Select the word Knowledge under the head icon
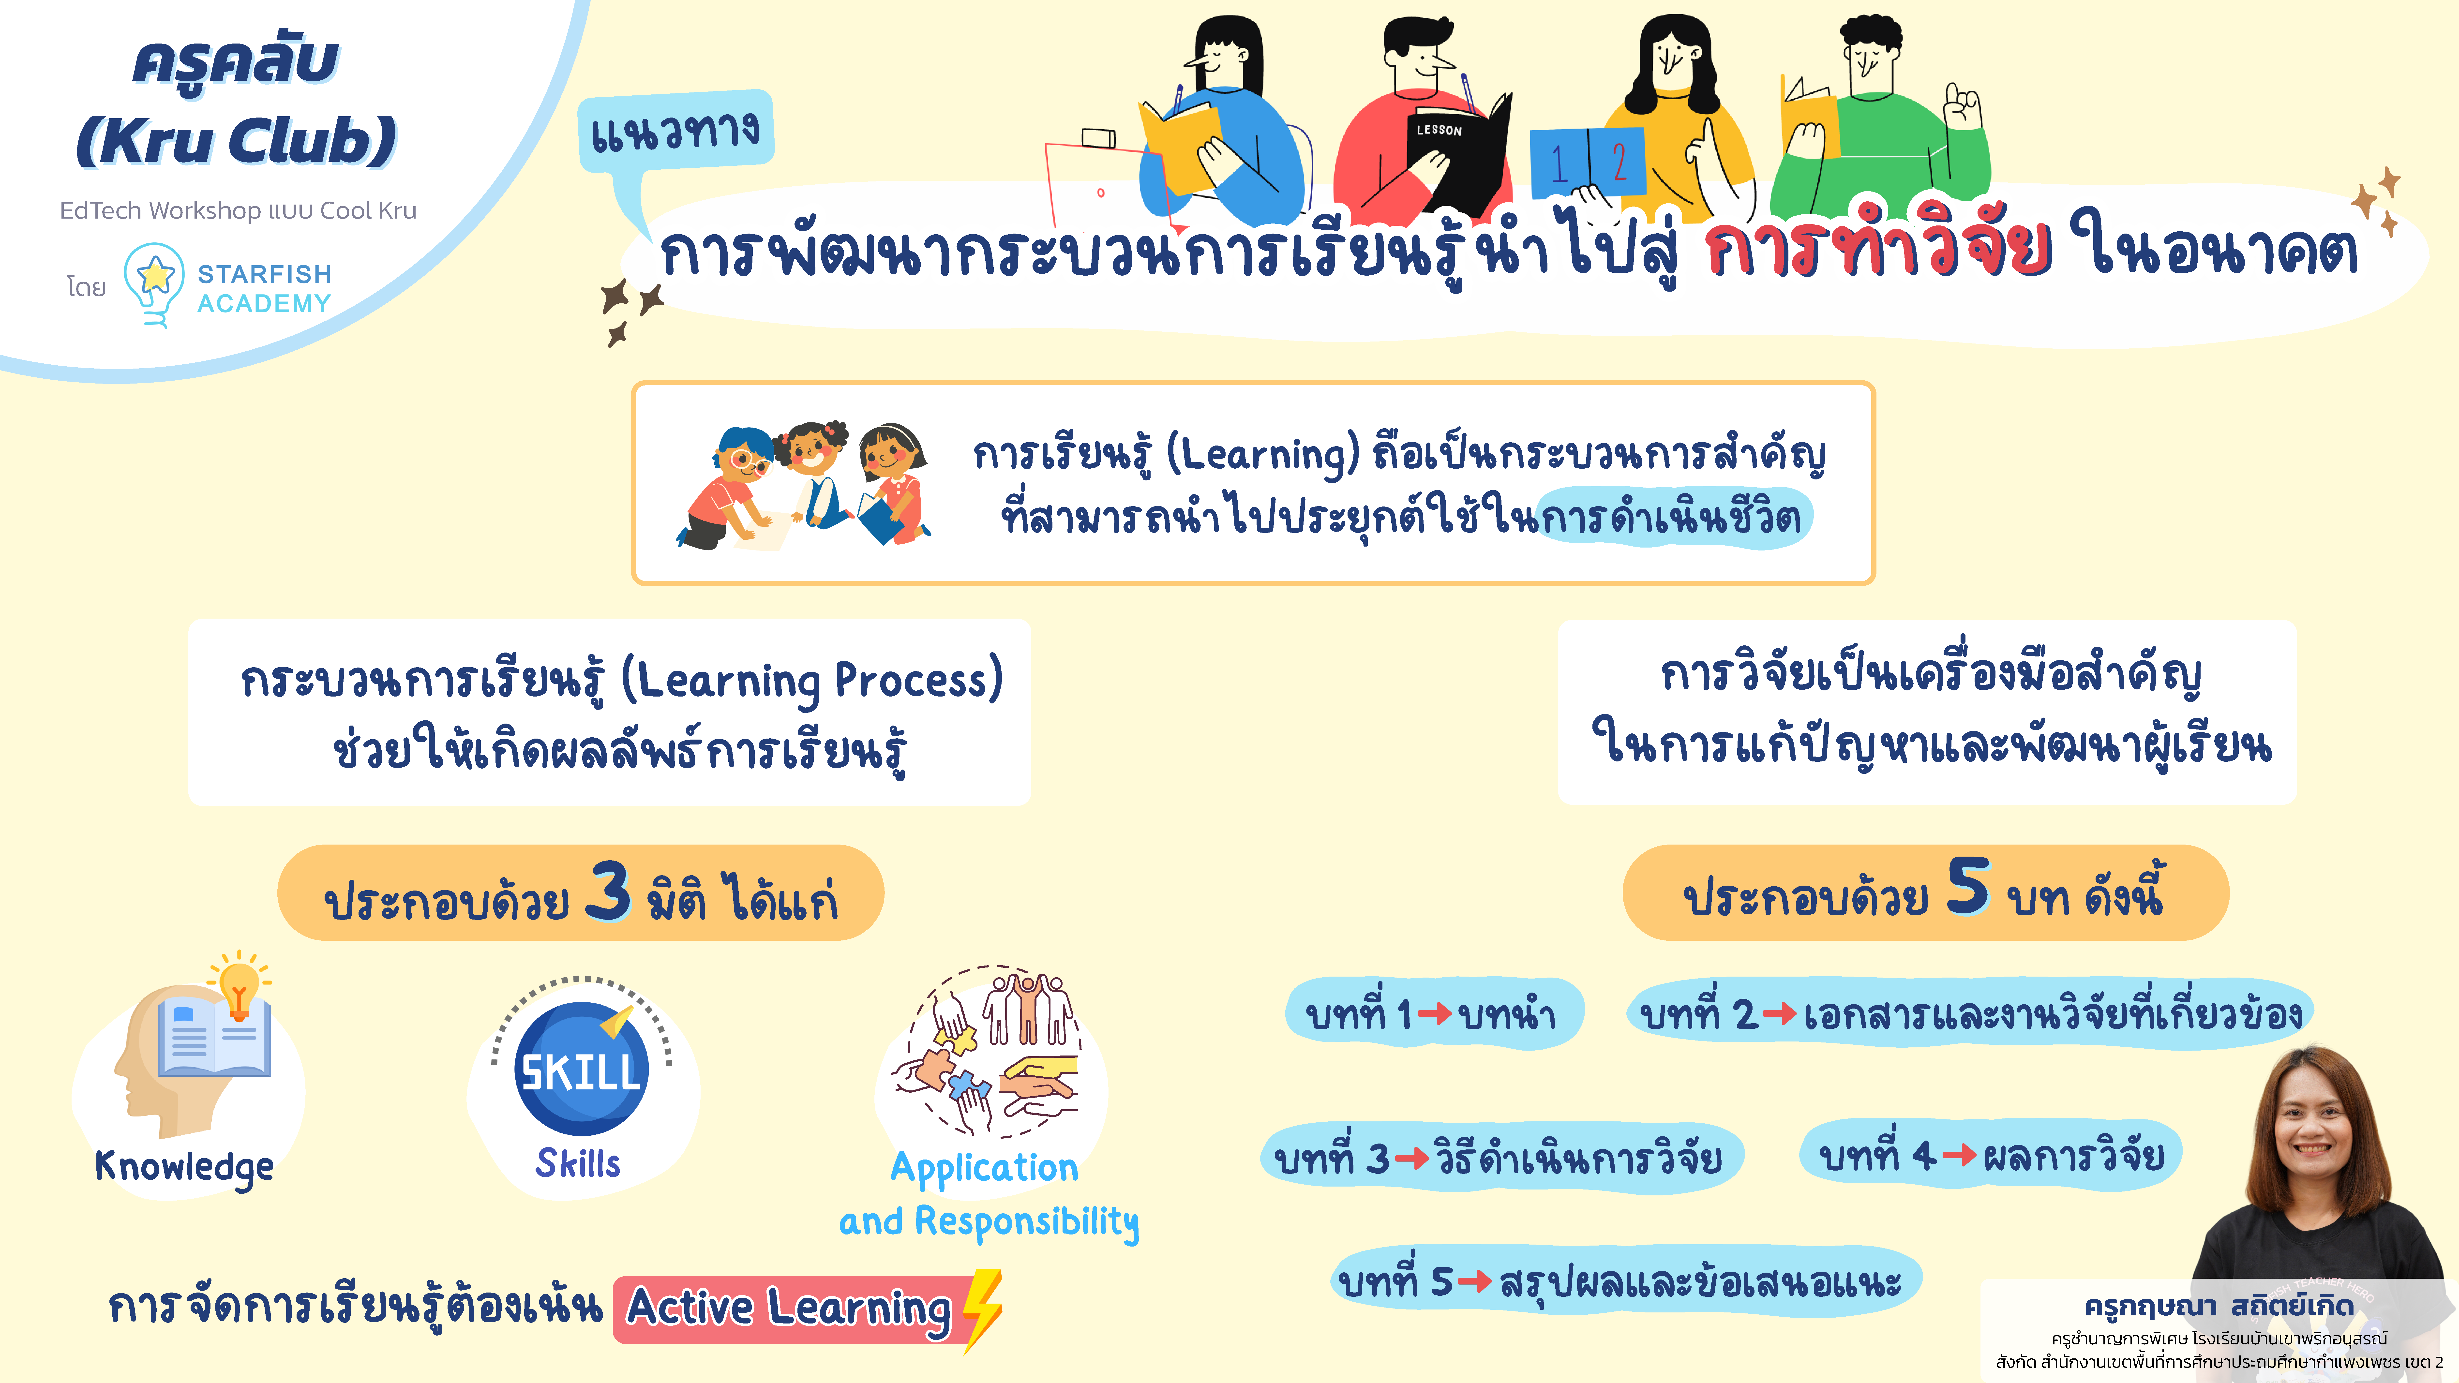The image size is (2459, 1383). coord(184,1166)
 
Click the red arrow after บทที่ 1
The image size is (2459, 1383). coord(1435,1014)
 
